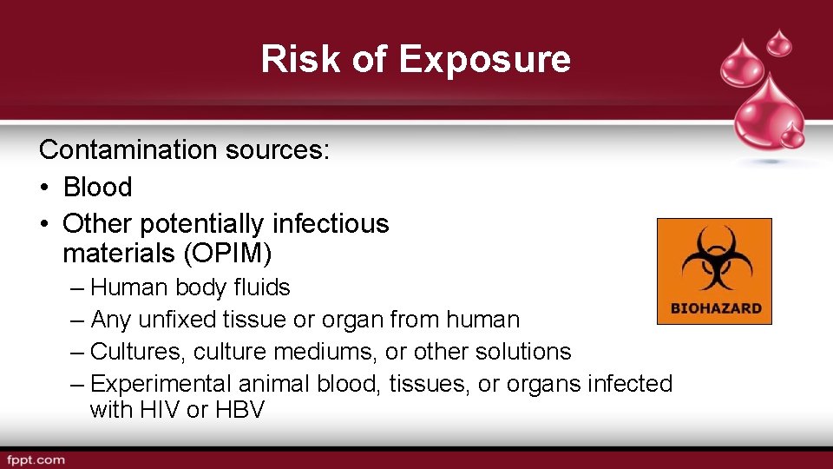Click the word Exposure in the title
(x=485, y=59)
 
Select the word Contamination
(x=128, y=149)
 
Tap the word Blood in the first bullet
(x=97, y=187)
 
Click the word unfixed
(x=176, y=320)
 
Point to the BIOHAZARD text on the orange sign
(x=716, y=308)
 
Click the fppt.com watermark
(x=35, y=459)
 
